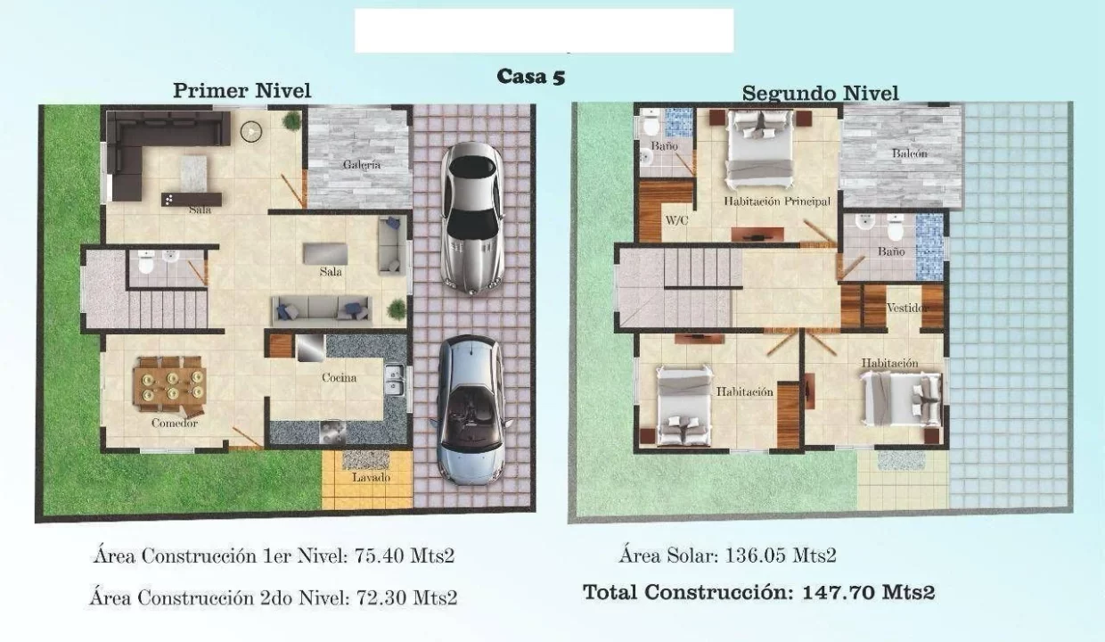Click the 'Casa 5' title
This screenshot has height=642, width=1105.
[531, 77]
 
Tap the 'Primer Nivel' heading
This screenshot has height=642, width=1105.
[242, 91]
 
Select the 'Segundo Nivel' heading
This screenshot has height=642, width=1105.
[821, 94]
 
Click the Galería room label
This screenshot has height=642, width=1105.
[362, 165]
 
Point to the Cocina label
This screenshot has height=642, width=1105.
[339, 378]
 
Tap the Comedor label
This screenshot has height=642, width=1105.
[175, 424]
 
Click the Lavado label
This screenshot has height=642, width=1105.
[371, 478]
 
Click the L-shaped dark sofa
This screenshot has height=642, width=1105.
[148, 148]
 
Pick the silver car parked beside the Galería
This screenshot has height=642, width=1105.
[472, 218]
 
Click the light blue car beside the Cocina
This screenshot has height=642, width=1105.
[471, 410]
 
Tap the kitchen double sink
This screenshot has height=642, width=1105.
[395, 380]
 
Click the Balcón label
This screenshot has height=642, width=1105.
[910, 153]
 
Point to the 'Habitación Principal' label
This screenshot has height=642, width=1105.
[777, 202]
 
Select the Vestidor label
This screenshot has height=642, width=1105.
[906, 308]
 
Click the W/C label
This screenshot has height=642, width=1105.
[676, 220]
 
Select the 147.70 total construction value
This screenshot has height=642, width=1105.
[839, 592]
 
